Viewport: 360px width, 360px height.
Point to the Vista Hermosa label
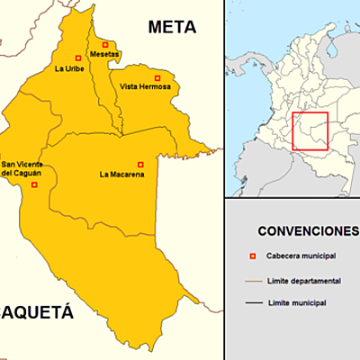click(x=145, y=87)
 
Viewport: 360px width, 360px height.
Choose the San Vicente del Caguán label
click(x=22, y=168)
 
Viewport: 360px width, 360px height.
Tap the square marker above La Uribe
click(x=78, y=58)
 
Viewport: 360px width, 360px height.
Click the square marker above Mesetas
click(x=105, y=44)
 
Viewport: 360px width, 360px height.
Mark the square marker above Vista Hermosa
click(x=157, y=76)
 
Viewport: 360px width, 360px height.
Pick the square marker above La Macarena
click(x=140, y=164)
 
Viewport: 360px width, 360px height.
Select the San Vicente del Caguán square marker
click(x=34, y=184)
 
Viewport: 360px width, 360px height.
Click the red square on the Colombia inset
click(x=310, y=131)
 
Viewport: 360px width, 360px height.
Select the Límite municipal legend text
click(x=297, y=302)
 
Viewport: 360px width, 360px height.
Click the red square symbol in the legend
click(x=251, y=256)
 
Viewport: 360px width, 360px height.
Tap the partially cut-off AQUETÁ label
click(x=36, y=314)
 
